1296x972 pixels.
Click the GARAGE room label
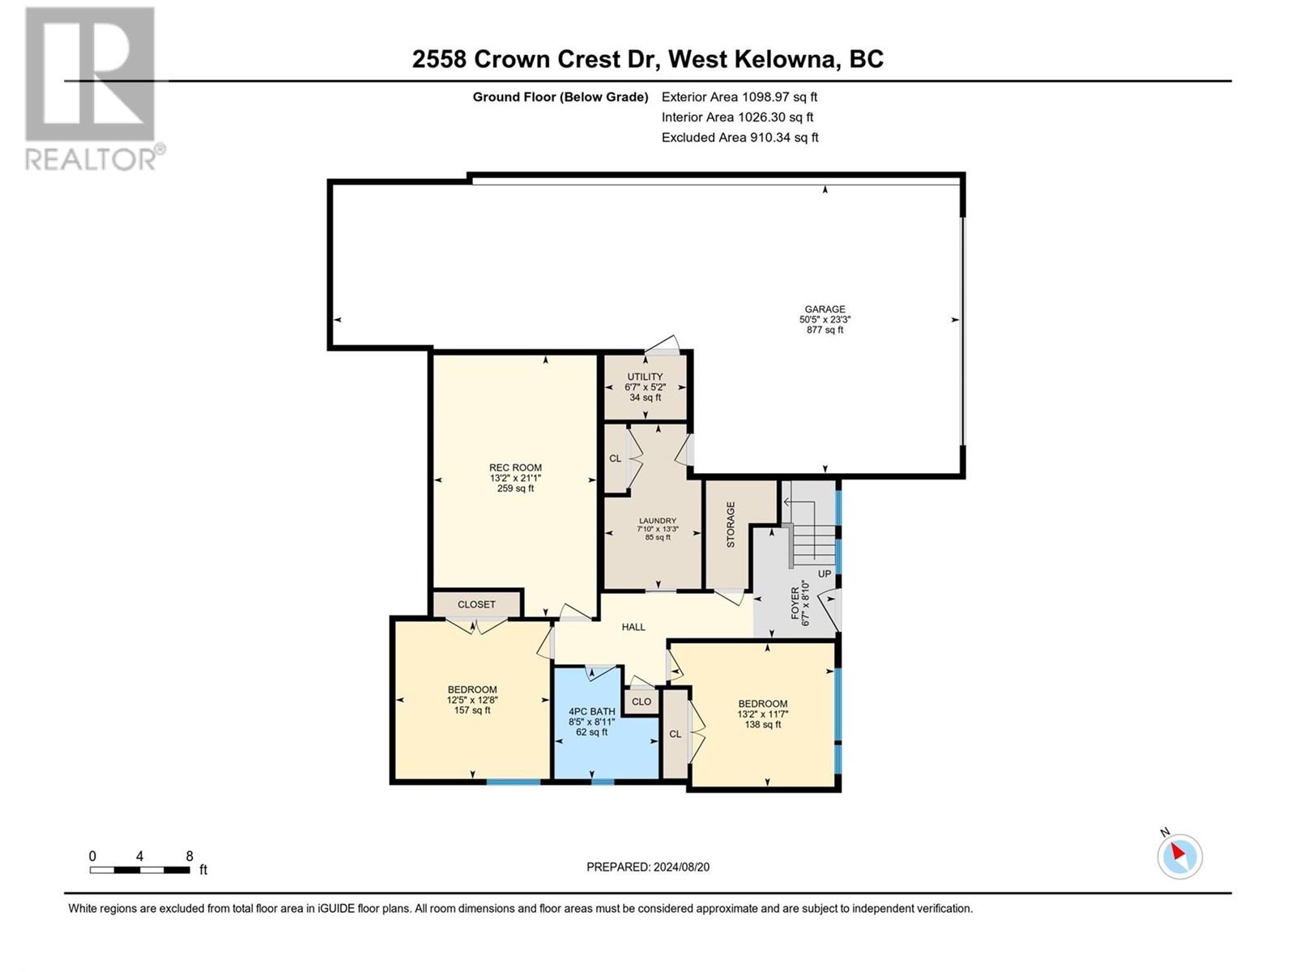[825, 309]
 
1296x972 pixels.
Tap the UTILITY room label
[645, 377]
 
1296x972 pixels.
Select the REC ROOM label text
[515, 467]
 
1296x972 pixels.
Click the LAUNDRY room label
[657, 521]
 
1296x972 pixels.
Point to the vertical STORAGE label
[731, 524]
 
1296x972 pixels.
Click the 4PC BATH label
[591, 711]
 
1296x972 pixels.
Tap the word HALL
[633, 627]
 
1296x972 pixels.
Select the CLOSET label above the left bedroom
[476, 604]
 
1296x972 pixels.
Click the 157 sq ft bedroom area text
[472, 710]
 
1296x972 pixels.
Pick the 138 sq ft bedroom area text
[762, 724]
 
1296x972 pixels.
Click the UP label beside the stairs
[825, 573]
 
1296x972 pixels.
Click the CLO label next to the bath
[642, 701]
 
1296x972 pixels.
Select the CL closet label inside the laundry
[615, 458]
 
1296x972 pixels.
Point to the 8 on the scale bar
[190, 856]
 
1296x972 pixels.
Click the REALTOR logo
[91, 89]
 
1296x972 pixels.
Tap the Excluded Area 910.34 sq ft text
[740, 138]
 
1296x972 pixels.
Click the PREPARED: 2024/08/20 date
[648, 867]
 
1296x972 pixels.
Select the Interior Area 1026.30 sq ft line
[737, 117]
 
